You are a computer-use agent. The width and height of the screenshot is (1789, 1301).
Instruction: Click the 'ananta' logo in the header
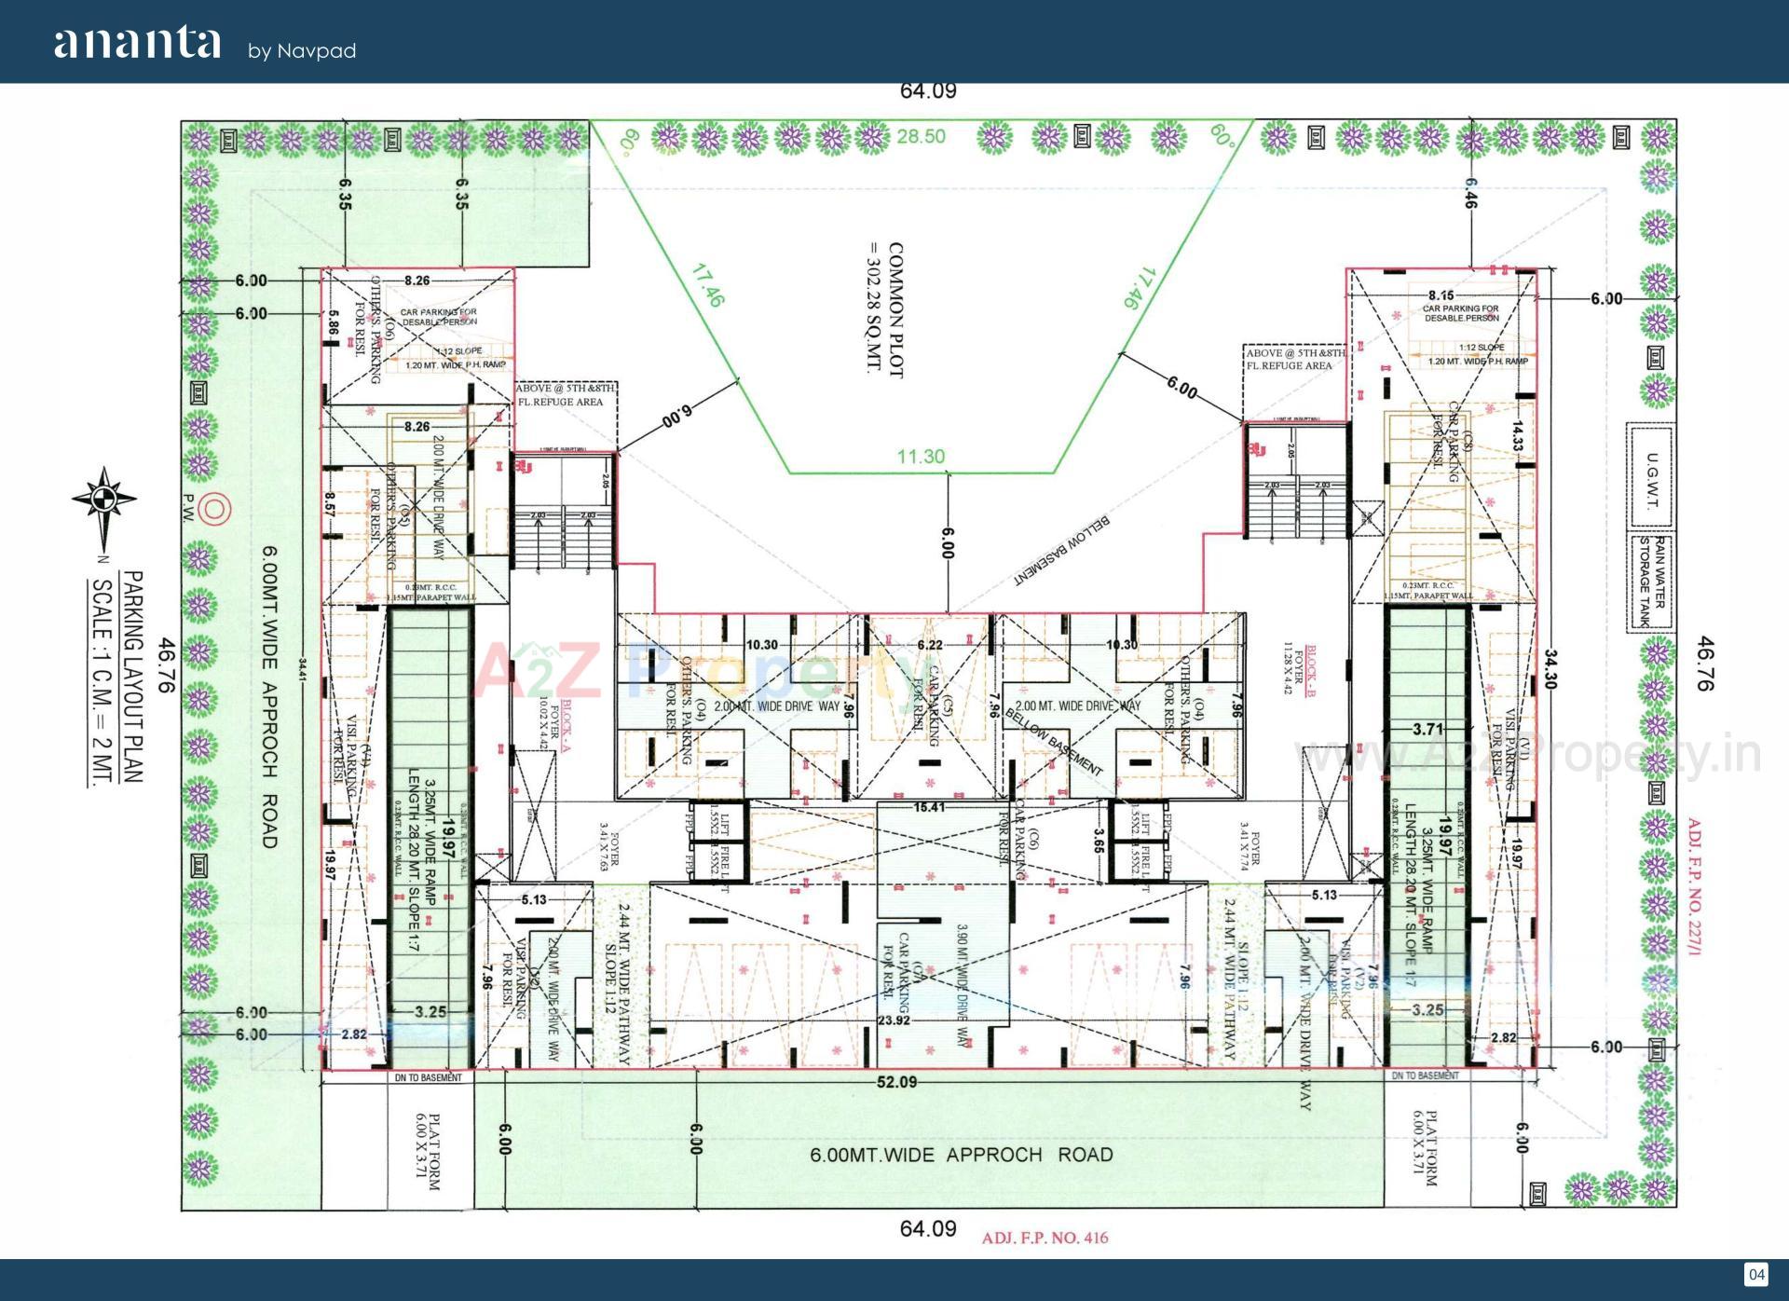pos(138,44)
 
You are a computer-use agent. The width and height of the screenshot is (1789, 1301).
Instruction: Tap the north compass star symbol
pos(104,500)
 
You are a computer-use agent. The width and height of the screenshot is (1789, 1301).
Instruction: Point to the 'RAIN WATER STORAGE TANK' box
pos(1650,582)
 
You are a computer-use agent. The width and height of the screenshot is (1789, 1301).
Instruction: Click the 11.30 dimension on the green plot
pos(921,457)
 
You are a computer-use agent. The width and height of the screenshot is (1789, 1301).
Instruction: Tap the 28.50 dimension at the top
pos(921,137)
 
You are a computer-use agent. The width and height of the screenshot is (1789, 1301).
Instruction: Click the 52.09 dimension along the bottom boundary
pos(896,1082)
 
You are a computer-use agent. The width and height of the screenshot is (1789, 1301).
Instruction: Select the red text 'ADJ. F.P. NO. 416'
pos(1045,1238)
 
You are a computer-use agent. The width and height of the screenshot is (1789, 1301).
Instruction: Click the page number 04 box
pos(1755,1275)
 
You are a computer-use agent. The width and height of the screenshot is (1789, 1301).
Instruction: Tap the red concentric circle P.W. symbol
pos(214,509)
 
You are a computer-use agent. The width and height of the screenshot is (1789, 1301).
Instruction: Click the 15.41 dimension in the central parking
pos(929,807)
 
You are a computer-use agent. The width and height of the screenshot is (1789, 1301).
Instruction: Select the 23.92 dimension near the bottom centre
pos(894,1020)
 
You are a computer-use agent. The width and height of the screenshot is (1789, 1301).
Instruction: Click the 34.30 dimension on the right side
pos(1550,670)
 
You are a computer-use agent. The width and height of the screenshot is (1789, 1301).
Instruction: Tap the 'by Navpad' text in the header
pos(302,51)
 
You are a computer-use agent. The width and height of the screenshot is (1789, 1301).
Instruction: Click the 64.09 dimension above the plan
pos(928,91)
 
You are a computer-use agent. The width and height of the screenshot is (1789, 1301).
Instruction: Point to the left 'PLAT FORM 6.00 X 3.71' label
pos(427,1150)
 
